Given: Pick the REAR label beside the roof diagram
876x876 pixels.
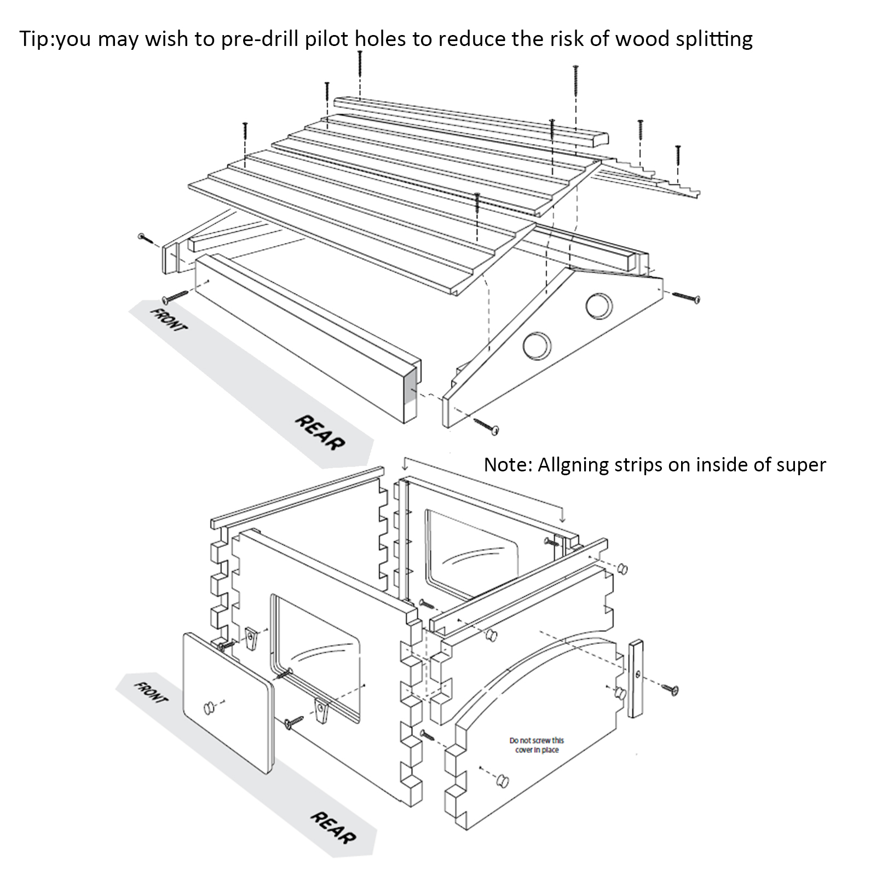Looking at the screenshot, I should tap(320, 433).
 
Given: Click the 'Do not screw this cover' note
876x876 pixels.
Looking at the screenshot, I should tap(537, 745).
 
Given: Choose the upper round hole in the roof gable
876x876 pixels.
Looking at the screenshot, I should tap(599, 306).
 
